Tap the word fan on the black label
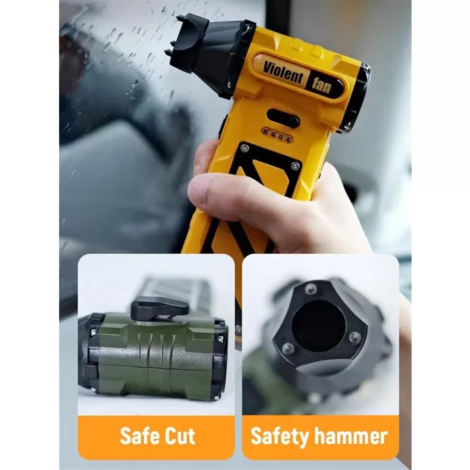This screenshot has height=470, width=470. (x=322, y=85)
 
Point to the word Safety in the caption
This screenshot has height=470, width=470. (x=280, y=436)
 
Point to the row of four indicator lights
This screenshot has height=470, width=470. (x=277, y=135)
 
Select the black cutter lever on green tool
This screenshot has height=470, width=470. (x=160, y=308)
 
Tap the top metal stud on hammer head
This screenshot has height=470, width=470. (x=311, y=289)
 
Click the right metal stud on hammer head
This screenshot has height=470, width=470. (x=355, y=338)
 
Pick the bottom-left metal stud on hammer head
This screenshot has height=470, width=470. (x=288, y=348)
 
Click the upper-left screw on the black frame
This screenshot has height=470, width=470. (x=245, y=148)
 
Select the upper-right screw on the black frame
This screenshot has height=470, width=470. (x=295, y=166)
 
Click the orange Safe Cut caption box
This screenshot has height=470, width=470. (x=156, y=437)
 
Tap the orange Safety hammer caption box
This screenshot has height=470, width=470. (x=320, y=437)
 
